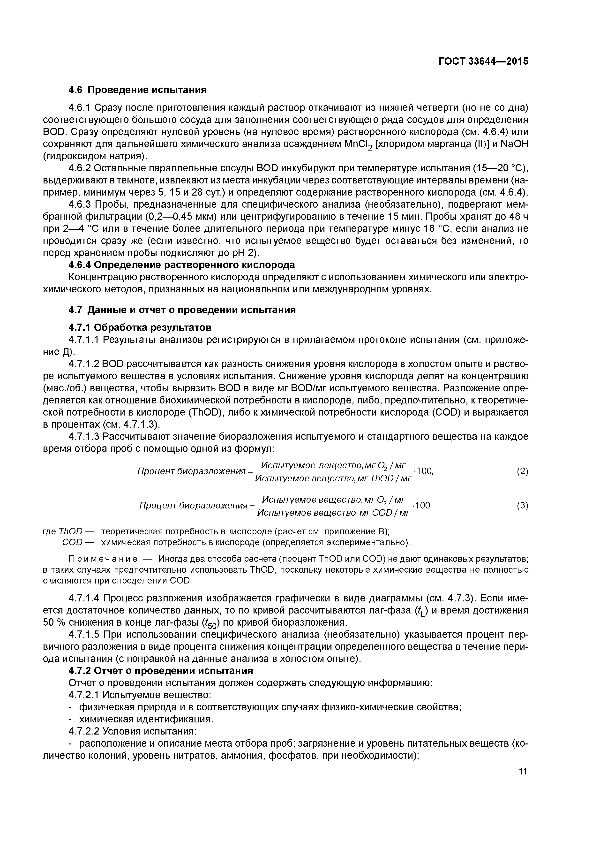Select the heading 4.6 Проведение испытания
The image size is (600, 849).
(137, 90)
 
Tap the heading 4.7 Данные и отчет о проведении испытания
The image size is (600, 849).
(182, 310)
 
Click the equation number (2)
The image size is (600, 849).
(522, 471)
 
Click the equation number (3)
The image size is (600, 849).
(522, 506)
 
